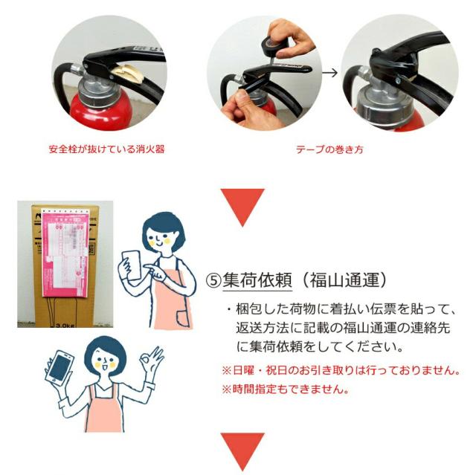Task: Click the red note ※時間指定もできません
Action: [x=285, y=389]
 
